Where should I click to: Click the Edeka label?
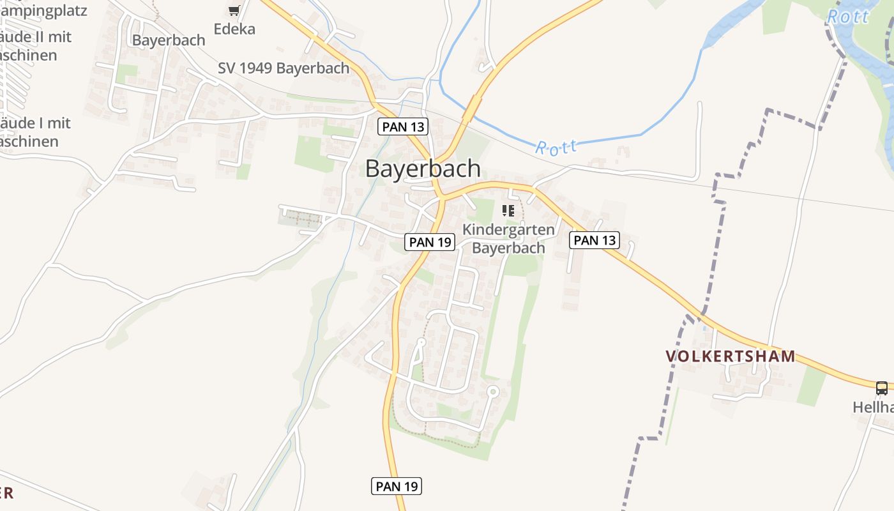[234, 29]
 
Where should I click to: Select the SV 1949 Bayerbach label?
[284, 68]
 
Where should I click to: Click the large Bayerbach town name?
[423, 169]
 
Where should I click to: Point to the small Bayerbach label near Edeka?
[169, 40]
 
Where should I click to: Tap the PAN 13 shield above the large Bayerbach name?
[403, 126]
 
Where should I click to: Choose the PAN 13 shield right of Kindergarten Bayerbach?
[595, 240]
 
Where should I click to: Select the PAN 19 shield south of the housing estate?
[397, 486]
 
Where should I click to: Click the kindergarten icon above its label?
[508, 210]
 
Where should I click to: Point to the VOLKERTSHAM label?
[731, 356]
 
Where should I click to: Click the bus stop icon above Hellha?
[881, 387]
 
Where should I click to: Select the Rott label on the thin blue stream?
[556, 148]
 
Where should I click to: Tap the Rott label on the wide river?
[848, 17]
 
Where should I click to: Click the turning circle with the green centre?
[492, 391]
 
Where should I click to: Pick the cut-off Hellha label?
[874, 407]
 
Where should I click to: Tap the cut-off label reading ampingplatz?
[43, 10]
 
